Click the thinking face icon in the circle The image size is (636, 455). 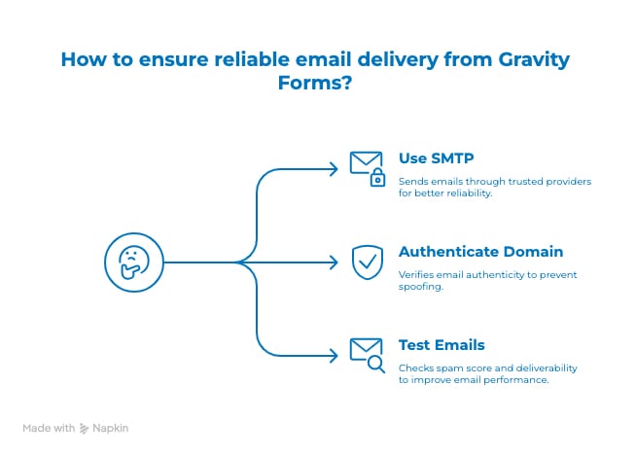point(134,262)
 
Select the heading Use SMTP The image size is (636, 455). point(436,158)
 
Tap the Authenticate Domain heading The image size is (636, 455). point(480,252)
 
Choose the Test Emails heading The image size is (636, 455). point(442,345)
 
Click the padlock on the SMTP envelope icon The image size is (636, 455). point(377,177)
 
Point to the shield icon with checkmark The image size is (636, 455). point(367,262)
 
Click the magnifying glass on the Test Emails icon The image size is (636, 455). point(376,364)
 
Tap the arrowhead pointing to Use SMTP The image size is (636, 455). point(334,169)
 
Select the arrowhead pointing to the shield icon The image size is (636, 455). point(334,262)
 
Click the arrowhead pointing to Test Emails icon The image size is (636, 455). point(334,356)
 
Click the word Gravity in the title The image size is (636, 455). point(534,60)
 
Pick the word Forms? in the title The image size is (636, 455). point(315,83)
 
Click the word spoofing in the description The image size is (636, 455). point(421,286)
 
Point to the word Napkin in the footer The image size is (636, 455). point(110,428)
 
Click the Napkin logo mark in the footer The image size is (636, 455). point(84,428)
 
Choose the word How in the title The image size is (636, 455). point(84,59)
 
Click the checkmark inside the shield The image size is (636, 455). point(368,262)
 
